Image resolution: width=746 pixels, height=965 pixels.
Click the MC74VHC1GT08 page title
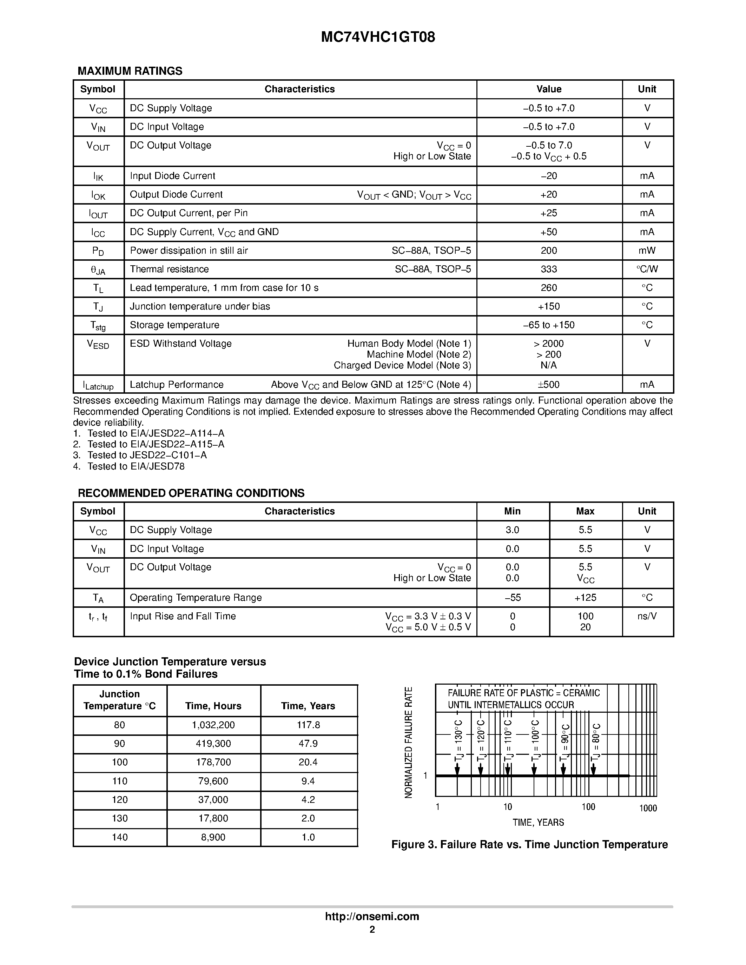378,37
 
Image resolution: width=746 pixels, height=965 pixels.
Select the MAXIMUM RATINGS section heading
130,71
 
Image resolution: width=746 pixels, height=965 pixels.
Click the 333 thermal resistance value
548,269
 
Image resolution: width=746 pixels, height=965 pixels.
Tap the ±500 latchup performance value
548,384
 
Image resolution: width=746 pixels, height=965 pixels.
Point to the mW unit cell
647,251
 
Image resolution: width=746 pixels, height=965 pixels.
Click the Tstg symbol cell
98,326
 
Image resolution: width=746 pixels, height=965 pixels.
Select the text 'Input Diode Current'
172,176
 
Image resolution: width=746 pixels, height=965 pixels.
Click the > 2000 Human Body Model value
548,344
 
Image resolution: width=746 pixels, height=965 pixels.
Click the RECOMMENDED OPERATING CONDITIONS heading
191,493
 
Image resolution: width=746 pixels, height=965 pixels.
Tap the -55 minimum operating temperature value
512,597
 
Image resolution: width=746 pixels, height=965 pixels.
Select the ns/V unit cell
647,616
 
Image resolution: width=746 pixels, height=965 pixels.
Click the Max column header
585,511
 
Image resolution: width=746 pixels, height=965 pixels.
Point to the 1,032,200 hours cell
213,725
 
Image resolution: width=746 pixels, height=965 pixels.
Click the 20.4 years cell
308,762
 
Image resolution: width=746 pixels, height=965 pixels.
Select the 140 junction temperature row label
120,837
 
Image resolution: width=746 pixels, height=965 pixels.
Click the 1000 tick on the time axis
648,808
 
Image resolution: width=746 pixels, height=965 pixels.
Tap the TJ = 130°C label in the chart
458,740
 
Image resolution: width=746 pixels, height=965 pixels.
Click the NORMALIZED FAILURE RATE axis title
408,742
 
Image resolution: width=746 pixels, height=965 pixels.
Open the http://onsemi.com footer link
372,916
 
